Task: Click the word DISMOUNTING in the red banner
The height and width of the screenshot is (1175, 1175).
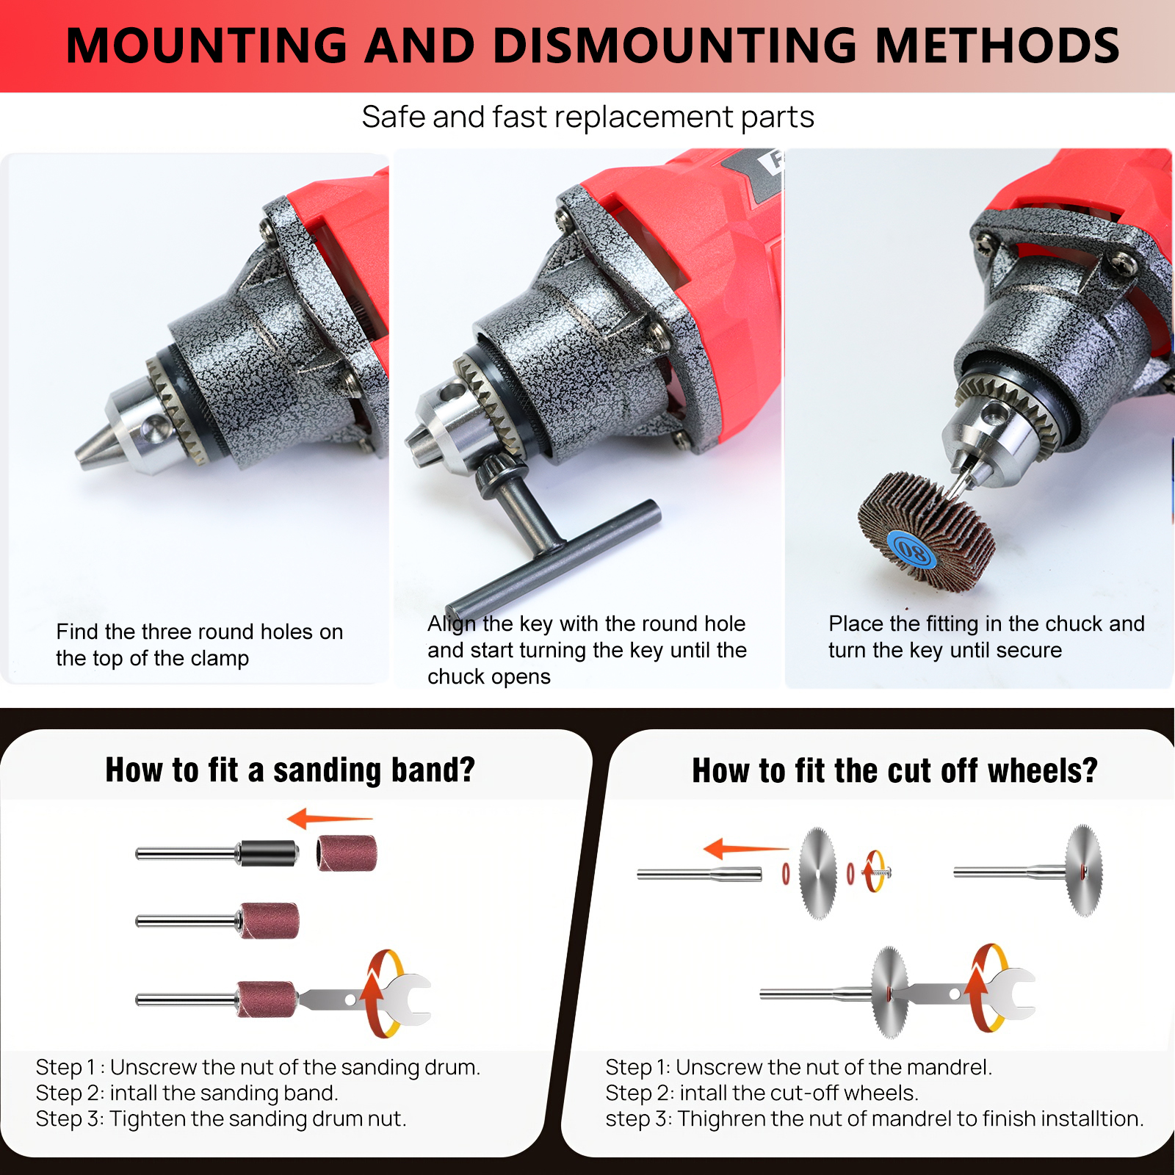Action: (x=675, y=46)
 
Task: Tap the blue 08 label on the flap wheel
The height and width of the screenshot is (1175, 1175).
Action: (x=912, y=550)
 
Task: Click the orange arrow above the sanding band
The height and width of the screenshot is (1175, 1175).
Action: (x=330, y=818)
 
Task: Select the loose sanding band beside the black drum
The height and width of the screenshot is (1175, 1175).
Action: (x=347, y=853)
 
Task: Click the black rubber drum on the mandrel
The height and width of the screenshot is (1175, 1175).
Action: (x=268, y=853)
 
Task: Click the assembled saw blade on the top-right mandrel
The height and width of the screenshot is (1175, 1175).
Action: (x=1084, y=871)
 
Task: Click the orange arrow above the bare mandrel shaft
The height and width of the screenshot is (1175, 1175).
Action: (x=745, y=849)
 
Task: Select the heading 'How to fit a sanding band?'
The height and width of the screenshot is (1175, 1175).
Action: (x=290, y=770)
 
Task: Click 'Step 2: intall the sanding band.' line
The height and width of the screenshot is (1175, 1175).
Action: (x=187, y=1093)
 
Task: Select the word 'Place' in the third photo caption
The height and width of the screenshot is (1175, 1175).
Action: (x=856, y=623)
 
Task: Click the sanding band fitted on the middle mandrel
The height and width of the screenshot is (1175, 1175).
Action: (x=270, y=921)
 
